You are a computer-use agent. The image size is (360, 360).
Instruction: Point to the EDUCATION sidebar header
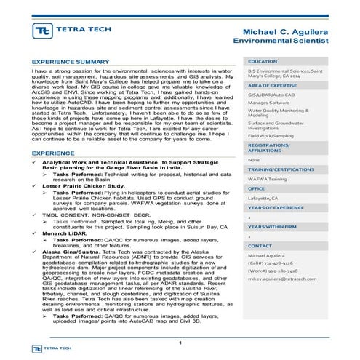pyautogui.click(x=263, y=63)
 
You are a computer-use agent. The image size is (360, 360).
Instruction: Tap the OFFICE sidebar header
pyautogui.click(x=257, y=188)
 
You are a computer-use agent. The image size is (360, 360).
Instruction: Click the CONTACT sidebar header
pyautogui.click(x=260, y=247)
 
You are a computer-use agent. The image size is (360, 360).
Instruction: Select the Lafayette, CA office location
pyautogui.click(x=266, y=198)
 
